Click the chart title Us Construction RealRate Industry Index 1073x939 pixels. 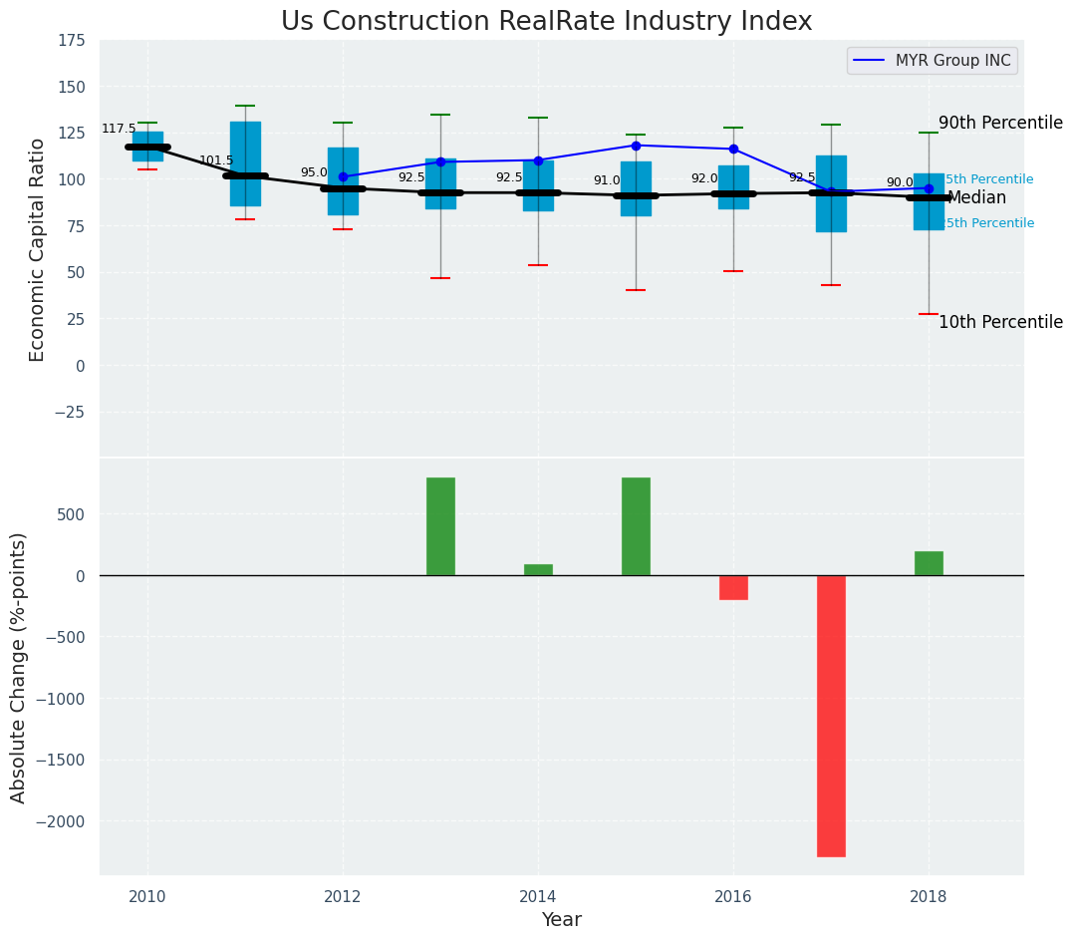(546, 22)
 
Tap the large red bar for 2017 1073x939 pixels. (831, 716)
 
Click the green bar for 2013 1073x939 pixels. (440, 526)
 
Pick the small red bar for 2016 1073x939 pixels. (733, 587)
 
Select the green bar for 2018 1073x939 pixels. (929, 563)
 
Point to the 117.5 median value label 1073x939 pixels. (119, 129)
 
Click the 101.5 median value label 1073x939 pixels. (216, 160)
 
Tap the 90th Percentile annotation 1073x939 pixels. (1000, 123)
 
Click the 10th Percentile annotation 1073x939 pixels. (1000, 322)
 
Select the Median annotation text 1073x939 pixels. (976, 198)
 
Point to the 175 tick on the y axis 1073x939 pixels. (71, 41)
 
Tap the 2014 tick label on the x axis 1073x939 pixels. (538, 895)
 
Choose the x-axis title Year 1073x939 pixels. (562, 920)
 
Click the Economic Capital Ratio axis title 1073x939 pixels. (38, 249)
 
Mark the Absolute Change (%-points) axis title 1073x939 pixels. (19, 667)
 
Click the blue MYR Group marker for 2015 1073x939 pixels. (636, 146)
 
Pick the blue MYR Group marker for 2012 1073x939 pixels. (343, 176)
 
